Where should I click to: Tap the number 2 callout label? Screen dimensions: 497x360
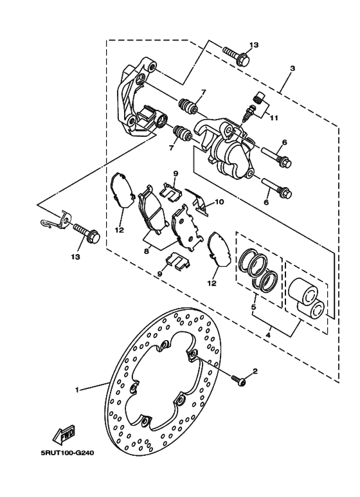pyautogui.click(x=255, y=371)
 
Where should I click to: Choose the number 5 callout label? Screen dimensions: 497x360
pyautogui.click(x=253, y=307)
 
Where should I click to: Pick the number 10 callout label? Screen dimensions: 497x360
pyautogui.click(x=219, y=201)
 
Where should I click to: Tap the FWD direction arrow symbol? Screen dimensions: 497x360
pyautogui.click(x=66, y=438)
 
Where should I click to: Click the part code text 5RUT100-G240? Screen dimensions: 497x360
pyautogui.click(x=67, y=453)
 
